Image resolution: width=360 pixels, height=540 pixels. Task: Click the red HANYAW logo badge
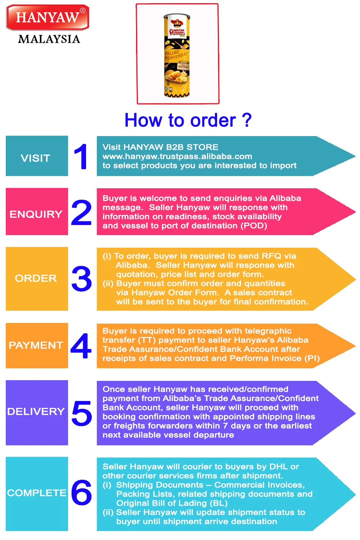click(48, 17)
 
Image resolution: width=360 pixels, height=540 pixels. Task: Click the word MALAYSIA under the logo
click(49, 39)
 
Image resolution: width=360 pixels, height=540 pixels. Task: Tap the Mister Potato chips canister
click(177, 56)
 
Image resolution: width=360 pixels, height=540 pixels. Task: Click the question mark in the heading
click(247, 120)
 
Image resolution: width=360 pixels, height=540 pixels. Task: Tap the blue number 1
click(81, 156)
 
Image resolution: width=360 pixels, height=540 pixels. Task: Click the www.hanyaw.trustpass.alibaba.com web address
click(177, 156)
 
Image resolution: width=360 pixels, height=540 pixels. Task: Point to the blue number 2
click(81, 213)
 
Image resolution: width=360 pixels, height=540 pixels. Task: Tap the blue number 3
click(82, 279)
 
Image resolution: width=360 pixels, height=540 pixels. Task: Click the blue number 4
click(81, 346)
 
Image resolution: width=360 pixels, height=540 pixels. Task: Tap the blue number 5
click(82, 413)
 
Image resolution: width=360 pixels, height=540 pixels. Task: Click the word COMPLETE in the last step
click(37, 493)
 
